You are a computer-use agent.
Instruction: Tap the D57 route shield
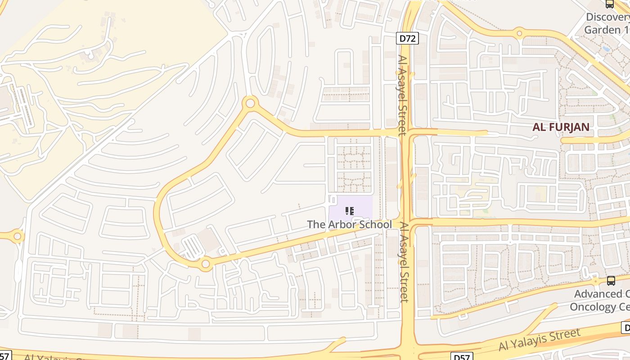462,357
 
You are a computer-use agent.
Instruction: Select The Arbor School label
349,224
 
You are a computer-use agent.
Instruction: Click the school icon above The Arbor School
350,211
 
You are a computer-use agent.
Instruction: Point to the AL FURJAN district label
561,127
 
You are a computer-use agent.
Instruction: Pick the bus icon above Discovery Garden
610,4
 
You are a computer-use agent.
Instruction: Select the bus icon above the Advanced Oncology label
611,280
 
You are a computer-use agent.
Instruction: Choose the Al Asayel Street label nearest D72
402,95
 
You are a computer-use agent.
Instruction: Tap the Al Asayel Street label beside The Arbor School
404,262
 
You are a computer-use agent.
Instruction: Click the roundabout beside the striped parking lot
206,264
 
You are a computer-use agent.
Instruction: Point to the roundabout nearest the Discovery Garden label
519,33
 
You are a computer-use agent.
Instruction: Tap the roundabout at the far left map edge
17,235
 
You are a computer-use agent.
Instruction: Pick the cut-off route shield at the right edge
625,328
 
